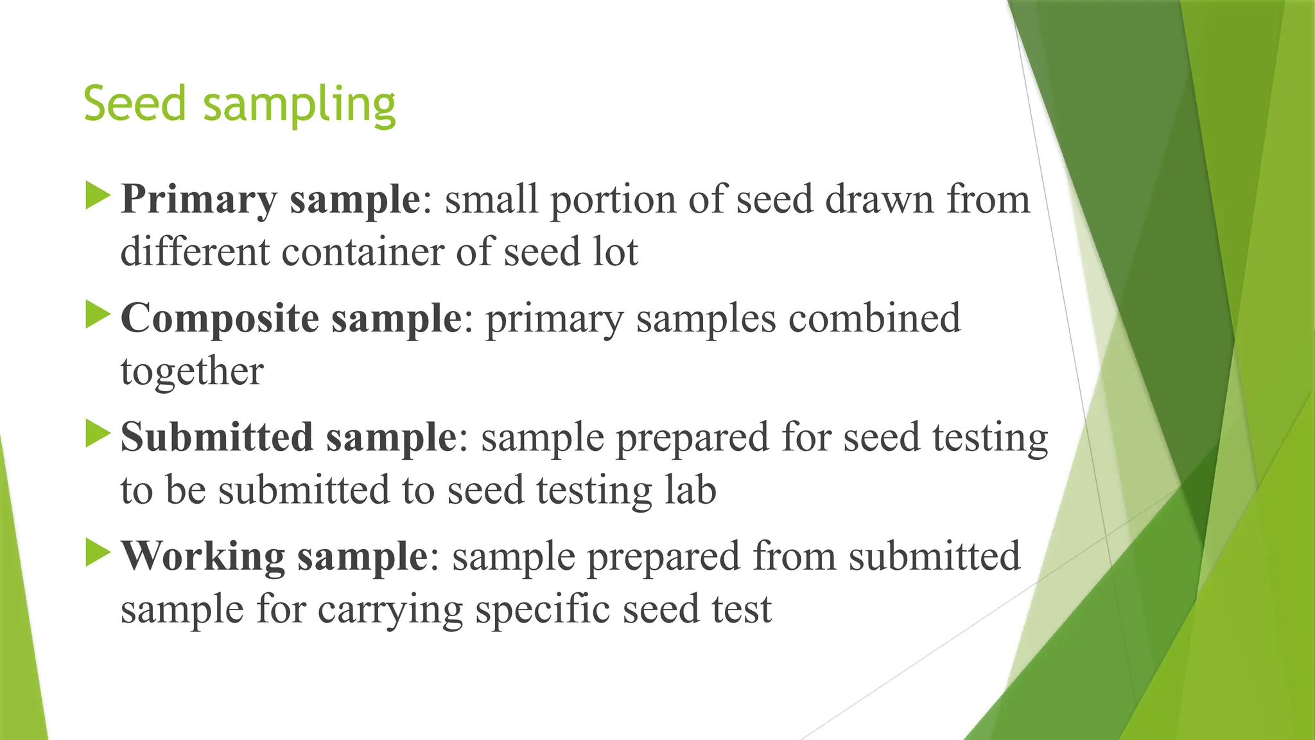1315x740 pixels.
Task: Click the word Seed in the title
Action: (135, 103)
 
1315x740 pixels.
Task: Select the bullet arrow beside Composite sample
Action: (98, 315)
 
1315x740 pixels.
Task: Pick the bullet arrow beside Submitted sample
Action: (98, 434)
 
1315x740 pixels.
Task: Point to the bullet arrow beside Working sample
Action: (98, 552)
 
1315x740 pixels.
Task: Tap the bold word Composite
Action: (220, 319)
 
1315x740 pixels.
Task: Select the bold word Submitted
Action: (216, 437)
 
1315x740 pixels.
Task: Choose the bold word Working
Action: (203, 557)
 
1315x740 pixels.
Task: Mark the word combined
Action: (875, 319)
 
